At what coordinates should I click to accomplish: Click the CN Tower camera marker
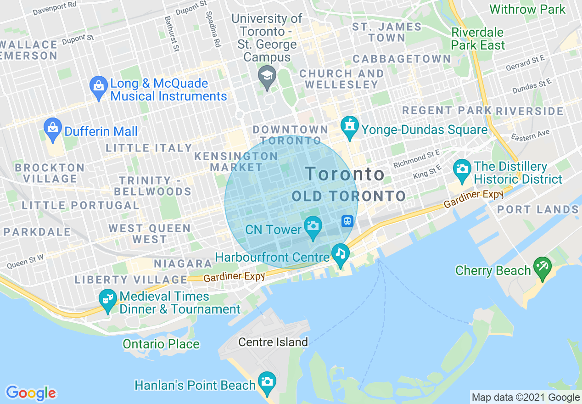(x=313, y=226)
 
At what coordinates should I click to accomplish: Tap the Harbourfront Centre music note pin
(x=340, y=253)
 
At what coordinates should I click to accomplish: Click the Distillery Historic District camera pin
(x=462, y=168)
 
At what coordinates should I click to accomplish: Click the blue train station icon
(x=347, y=221)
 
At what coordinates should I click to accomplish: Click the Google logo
(x=31, y=393)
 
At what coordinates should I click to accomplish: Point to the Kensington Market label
(x=236, y=162)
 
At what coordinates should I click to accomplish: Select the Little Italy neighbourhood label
(x=149, y=148)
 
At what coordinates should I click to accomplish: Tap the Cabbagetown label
(x=402, y=59)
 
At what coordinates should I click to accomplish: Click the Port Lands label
(x=537, y=210)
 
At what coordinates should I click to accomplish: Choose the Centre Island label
(x=273, y=342)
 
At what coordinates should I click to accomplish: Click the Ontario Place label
(x=161, y=344)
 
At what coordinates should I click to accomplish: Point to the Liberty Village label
(x=131, y=279)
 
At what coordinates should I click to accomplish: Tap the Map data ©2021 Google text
(x=526, y=398)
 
